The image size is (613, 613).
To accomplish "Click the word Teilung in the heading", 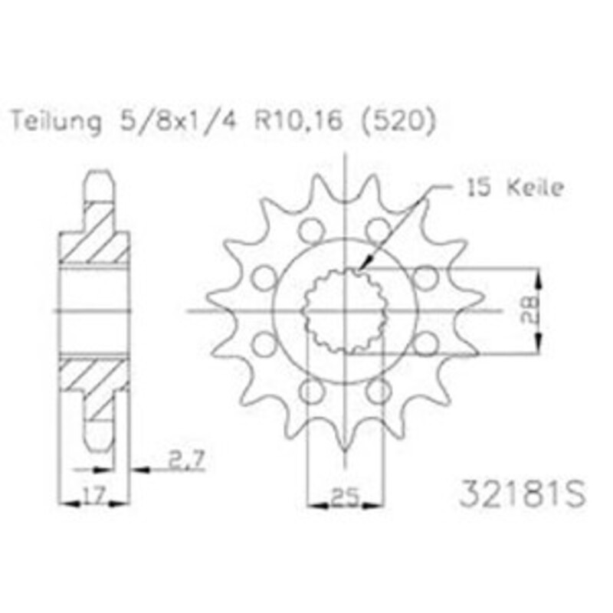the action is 56,122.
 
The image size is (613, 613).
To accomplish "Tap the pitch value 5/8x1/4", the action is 179,120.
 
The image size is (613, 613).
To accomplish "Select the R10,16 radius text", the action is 299,120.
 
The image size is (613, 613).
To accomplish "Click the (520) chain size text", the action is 397,120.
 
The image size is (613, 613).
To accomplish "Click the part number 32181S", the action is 523,493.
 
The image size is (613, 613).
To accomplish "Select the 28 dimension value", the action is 529,311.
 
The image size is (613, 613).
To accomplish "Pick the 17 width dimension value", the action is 93,495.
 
